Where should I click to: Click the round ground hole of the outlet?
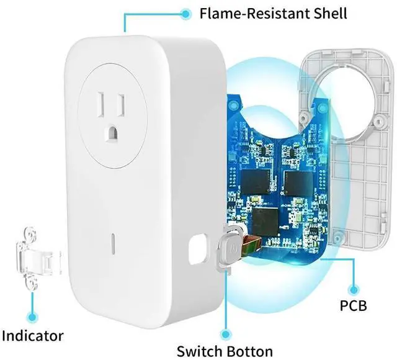114,131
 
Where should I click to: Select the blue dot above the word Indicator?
31,305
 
